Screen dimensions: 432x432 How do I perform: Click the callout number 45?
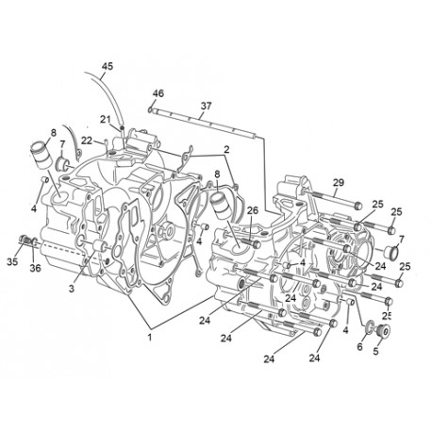click(x=108, y=67)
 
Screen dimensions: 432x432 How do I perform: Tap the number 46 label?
click(x=158, y=93)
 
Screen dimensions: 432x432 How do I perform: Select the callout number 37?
click(x=206, y=106)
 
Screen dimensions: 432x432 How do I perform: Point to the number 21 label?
click(x=106, y=120)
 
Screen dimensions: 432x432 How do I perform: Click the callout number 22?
click(x=87, y=141)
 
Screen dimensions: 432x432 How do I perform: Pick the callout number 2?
click(x=226, y=149)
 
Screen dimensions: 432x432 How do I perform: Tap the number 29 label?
click(x=339, y=183)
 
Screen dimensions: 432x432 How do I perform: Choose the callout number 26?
click(x=253, y=210)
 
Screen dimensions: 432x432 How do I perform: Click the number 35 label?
click(x=12, y=261)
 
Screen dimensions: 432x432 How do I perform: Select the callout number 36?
click(x=35, y=268)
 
